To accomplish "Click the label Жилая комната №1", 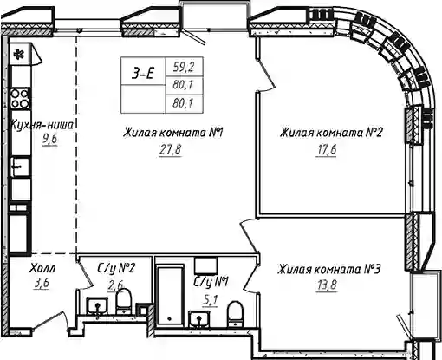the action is point(173,133).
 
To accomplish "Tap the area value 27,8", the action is point(170,150).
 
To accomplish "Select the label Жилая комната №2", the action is point(331,133).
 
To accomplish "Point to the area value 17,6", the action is point(326,150).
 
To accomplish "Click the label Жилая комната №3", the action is point(329,270).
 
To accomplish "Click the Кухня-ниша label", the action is point(42,125).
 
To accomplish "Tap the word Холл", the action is point(42,269).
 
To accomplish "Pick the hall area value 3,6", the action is point(42,283).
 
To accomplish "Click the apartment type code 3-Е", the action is point(143,74).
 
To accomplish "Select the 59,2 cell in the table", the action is point(184,67).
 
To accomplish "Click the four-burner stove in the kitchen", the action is point(20,99).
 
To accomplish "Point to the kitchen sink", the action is point(20,167).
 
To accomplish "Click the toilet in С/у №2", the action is point(124,301).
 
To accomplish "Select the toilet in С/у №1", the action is point(235,314).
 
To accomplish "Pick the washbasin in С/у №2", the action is point(98,306).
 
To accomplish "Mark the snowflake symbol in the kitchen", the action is point(19,54).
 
